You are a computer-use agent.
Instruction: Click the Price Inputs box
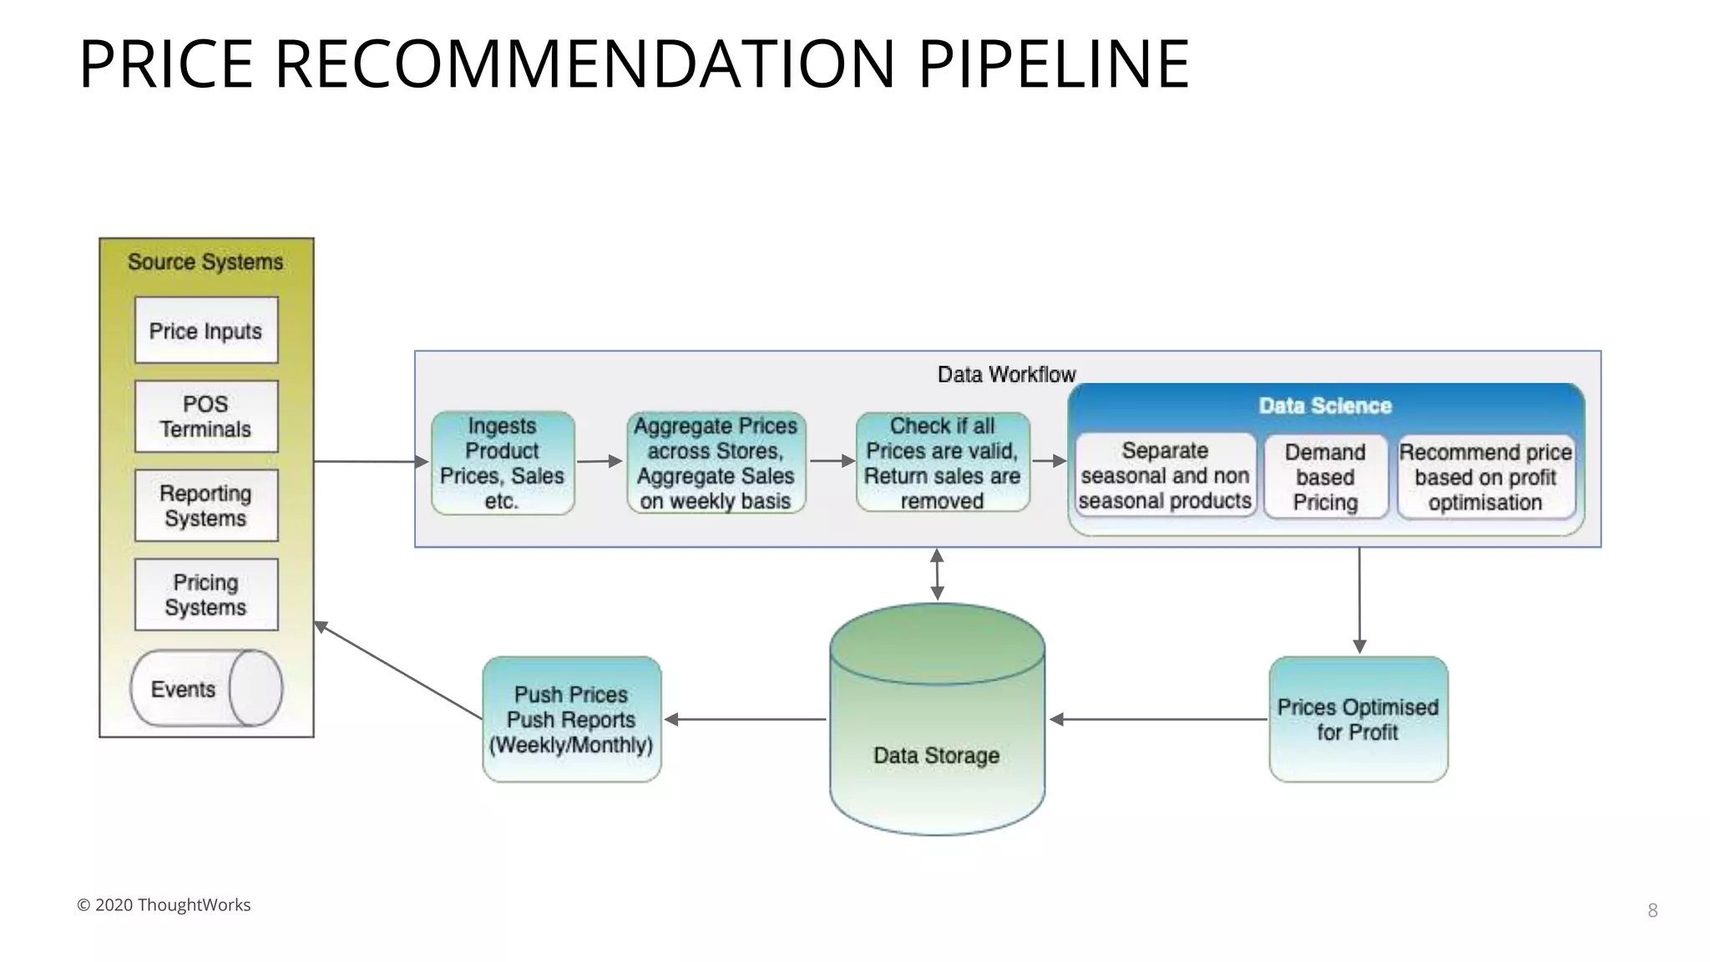pos(206,330)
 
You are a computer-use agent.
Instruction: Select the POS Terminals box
pos(206,417)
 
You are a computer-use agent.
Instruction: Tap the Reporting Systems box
pos(206,505)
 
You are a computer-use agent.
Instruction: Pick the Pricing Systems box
pos(206,594)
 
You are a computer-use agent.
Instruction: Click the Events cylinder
pos(205,688)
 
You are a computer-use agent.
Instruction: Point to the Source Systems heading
pos(205,262)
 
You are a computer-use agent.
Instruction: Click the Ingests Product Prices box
pos(503,463)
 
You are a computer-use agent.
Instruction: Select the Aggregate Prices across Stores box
pos(716,463)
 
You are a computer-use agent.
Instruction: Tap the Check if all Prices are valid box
pos(943,463)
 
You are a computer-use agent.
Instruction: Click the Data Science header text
pos(1325,406)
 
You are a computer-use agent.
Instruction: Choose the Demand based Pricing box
pos(1325,477)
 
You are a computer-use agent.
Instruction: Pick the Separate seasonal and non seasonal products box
pos(1165,476)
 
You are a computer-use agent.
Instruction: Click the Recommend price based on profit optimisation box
pos(1485,477)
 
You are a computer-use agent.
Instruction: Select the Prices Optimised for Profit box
pos(1358,719)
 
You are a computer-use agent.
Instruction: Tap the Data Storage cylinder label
pos(936,755)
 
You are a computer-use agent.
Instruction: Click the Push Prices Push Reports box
pos(571,719)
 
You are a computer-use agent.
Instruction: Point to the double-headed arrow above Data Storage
pos(937,575)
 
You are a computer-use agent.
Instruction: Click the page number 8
pos(1652,910)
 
